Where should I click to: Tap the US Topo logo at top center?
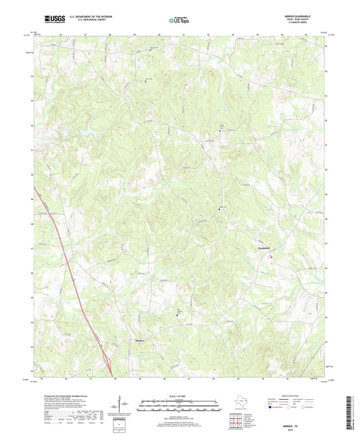tap(179, 21)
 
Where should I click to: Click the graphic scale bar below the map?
tap(180, 407)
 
